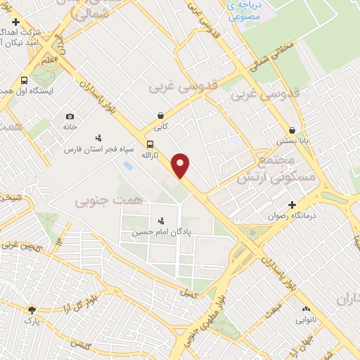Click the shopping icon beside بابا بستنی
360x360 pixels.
291,129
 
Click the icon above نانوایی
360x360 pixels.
305,309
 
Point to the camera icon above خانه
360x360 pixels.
70,116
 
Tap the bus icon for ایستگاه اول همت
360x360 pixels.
24,80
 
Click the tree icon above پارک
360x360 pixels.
32,309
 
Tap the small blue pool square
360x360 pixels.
127,166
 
